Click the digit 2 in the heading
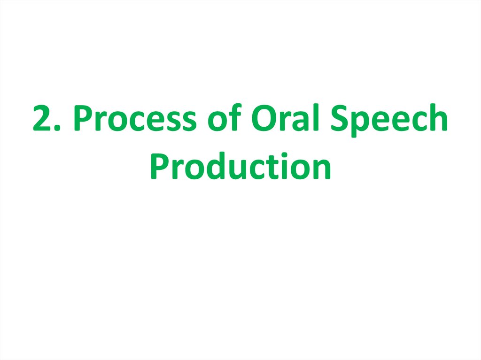[x=44, y=119]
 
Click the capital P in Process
[x=85, y=119]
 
